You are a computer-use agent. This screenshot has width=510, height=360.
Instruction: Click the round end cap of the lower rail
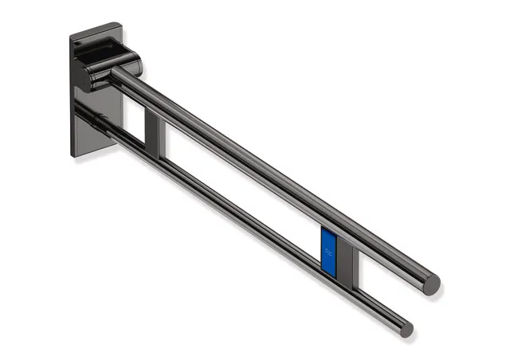point(406,328)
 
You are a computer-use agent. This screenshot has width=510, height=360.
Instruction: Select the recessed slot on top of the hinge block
point(108,49)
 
